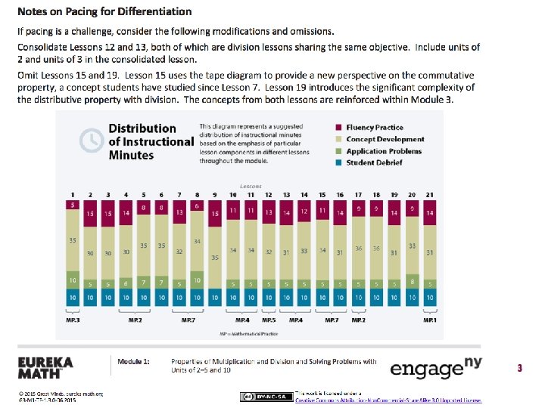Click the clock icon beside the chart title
click(x=92, y=140)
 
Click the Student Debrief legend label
click(x=375, y=162)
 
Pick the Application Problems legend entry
click(x=384, y=151)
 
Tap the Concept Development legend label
click(x=385, y=139)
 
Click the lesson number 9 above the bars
click(x=215, y=194)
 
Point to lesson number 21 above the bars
click(x=430, y=194)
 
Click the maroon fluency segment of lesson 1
click(x=73, y=205)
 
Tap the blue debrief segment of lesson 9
click(x=215, y=298)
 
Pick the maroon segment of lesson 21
click(x=430, y=214)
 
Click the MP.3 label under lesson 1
click(x=73, y=320)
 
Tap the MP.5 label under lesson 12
click(x=269, y=320)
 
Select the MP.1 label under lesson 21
click(x=429, y=320)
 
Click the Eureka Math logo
click(x=45, y=368)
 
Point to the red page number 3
click(x=519, y=369)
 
